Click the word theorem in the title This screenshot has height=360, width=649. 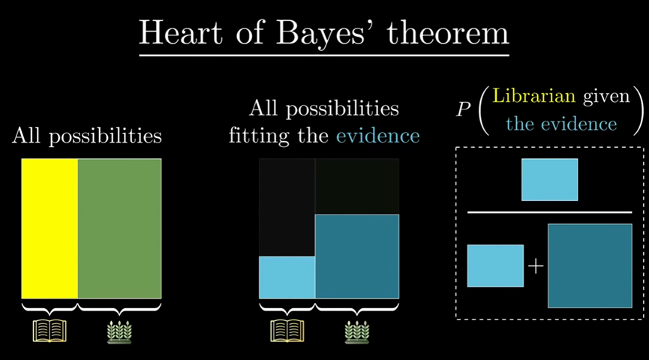tap(448, 33)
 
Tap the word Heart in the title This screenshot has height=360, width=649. tap(181, 32)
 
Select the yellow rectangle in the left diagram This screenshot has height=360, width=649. tap(50, 229)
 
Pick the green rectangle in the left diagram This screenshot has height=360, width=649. tap(119, 229)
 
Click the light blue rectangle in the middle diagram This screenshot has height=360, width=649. tap(287, 277)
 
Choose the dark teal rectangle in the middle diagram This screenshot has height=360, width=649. tap(357, 256)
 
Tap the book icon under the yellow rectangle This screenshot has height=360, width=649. tap(50, 331)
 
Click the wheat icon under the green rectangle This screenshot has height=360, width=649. tap(119, 331)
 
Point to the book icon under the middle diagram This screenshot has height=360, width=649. tap(287, 331)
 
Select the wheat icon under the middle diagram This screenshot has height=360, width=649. tap(357, 331)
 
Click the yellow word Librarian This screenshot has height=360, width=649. tap(534, 96)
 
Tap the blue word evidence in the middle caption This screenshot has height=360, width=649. tap(378, 136)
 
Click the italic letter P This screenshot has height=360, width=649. tap(464, 109)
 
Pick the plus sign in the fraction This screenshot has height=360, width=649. tap(536, 266)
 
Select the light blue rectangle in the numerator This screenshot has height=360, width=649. tap(550, 179)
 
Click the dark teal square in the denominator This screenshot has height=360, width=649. tap(590, 266)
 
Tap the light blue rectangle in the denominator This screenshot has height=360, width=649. tap(495, 266)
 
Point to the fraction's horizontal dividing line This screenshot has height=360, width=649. tap(550, 212)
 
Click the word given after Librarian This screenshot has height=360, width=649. tap(606, 97)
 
